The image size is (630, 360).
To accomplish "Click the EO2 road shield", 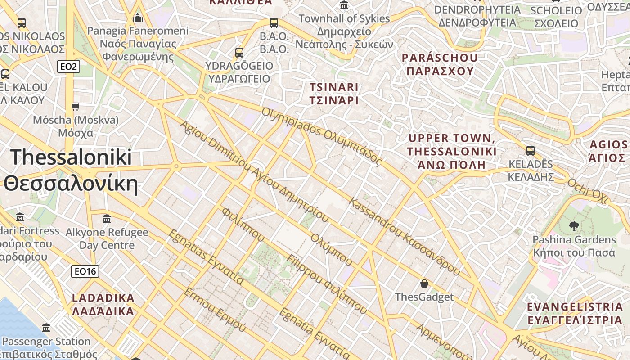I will point(68,67).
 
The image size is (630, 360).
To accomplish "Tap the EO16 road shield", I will point(85,271).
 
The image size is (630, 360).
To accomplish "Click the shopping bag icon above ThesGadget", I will point(424,283).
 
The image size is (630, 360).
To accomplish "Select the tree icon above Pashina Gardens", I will point(574,226).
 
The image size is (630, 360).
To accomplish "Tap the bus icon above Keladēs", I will point(531,151).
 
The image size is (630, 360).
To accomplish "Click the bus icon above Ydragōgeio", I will point(239,52).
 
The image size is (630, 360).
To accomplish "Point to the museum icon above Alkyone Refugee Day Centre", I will point(107,219).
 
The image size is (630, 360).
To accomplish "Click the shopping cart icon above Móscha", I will point(76,107).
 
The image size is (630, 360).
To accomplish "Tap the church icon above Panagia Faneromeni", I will point(138,18).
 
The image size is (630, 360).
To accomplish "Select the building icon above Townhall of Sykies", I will point(344,5).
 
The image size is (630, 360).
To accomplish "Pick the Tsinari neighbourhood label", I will point(334,94).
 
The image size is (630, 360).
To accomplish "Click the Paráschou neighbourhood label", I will point(440,64).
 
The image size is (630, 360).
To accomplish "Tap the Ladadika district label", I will point(103,304).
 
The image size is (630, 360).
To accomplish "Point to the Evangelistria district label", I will point(575,313).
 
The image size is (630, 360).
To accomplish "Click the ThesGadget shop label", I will point(424,297).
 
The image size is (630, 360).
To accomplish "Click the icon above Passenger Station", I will point(46,328).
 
